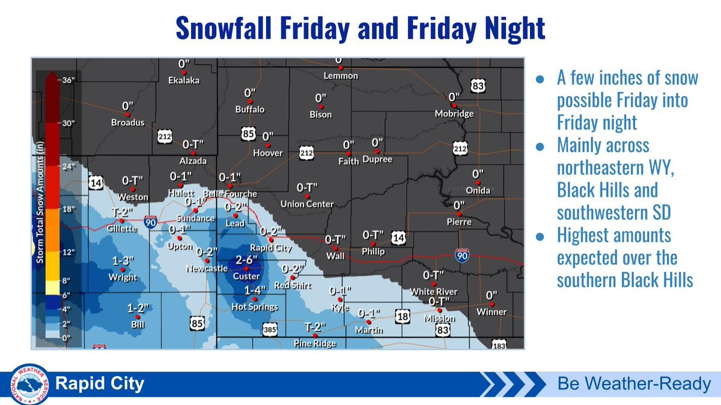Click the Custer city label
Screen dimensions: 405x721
pyautogui.click(x=246, y=277)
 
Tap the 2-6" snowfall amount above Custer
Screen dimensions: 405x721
pyautogui.click(x=246, y=259)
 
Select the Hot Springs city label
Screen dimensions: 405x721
pyautogui.click(x=255, y=307)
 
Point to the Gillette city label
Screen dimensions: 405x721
pyautogui.click(x=122, y=229)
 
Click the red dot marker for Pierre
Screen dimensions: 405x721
pyautogui.click(x=460, y=214)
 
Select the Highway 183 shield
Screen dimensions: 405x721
pyautogui.click(x=499, y=345)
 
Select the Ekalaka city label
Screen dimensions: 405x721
pyautogui.click(x=184, y=80)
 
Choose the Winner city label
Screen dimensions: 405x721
pyautogui.click(x=491, y=312)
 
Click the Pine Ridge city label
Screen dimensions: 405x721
pyautogui.click(x=315, y=344)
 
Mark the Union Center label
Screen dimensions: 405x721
pyautogui.click(x=307, y=204)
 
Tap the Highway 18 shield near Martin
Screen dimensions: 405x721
pyautogui.click(x=403, y=316)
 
